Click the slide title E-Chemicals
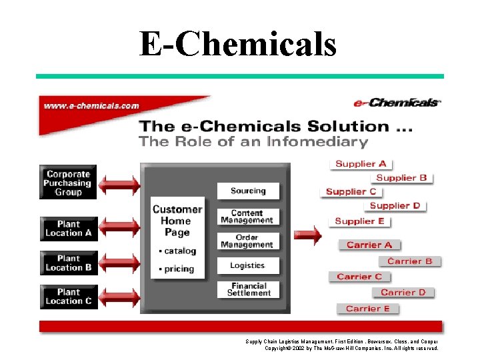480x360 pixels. coord(238,45)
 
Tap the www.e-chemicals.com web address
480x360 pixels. coord(91,105)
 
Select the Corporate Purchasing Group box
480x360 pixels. coord(68,183)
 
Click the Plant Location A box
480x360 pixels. coord(68,229)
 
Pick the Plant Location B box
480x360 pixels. coord(68,263)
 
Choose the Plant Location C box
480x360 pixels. coord(68,297)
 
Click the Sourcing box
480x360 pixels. coord(247,191)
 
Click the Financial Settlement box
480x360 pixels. coord(248,289)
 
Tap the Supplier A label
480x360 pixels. coord(361,163)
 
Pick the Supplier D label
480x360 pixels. coord(395,205)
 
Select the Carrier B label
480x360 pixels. coord(409,261)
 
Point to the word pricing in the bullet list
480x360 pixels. coord(179,269)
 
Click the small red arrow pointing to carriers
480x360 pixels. coord(307,235)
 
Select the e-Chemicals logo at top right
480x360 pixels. coord(396,103)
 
